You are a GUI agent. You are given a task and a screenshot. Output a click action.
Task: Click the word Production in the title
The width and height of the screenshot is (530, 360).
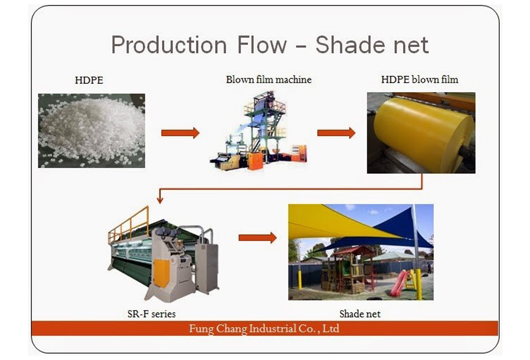click(x=169, y=45)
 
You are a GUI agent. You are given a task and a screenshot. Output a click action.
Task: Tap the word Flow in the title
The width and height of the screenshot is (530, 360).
click(x=262, y=45)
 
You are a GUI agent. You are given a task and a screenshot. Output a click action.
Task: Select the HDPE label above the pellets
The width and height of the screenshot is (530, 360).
click(x=89, y=80)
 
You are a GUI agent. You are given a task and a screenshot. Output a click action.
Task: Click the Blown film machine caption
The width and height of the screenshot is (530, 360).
click(x=269, y=79)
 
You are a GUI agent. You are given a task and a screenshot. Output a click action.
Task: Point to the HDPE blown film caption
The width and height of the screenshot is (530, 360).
click(x=420, y=79)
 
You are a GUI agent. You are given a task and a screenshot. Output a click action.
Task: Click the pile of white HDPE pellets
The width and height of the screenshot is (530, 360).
click(x=91, y=130)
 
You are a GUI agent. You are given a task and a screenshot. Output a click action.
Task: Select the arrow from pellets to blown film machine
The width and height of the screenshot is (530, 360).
click(x=180, y=133)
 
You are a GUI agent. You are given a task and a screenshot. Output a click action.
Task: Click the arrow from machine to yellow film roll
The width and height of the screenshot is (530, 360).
click(x=336, y=133)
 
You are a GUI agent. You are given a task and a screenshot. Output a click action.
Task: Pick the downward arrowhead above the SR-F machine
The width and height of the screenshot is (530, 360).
click(x=160, y=200)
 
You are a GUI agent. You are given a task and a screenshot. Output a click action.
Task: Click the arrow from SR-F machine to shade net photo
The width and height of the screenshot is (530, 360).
click(x=258, y=238)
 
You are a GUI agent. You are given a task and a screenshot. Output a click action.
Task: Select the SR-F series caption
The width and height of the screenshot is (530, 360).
click(x=152, y=314)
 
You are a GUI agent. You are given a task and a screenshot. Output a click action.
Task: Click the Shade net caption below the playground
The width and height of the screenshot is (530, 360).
click(x=360, y=314)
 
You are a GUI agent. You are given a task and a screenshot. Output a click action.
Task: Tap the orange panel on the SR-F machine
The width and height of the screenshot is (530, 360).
click(x=162, y=273)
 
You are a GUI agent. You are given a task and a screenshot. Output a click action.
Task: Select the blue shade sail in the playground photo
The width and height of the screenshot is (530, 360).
click(x=399, y=230)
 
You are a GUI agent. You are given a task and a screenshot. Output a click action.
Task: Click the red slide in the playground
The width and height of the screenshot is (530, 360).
click(x=399, y=283)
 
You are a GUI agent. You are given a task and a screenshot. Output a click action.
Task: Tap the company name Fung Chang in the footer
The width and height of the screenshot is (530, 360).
click(x=218, y=329)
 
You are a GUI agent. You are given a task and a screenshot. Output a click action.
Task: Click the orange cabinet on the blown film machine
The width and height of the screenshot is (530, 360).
click(x=255, y=161)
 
